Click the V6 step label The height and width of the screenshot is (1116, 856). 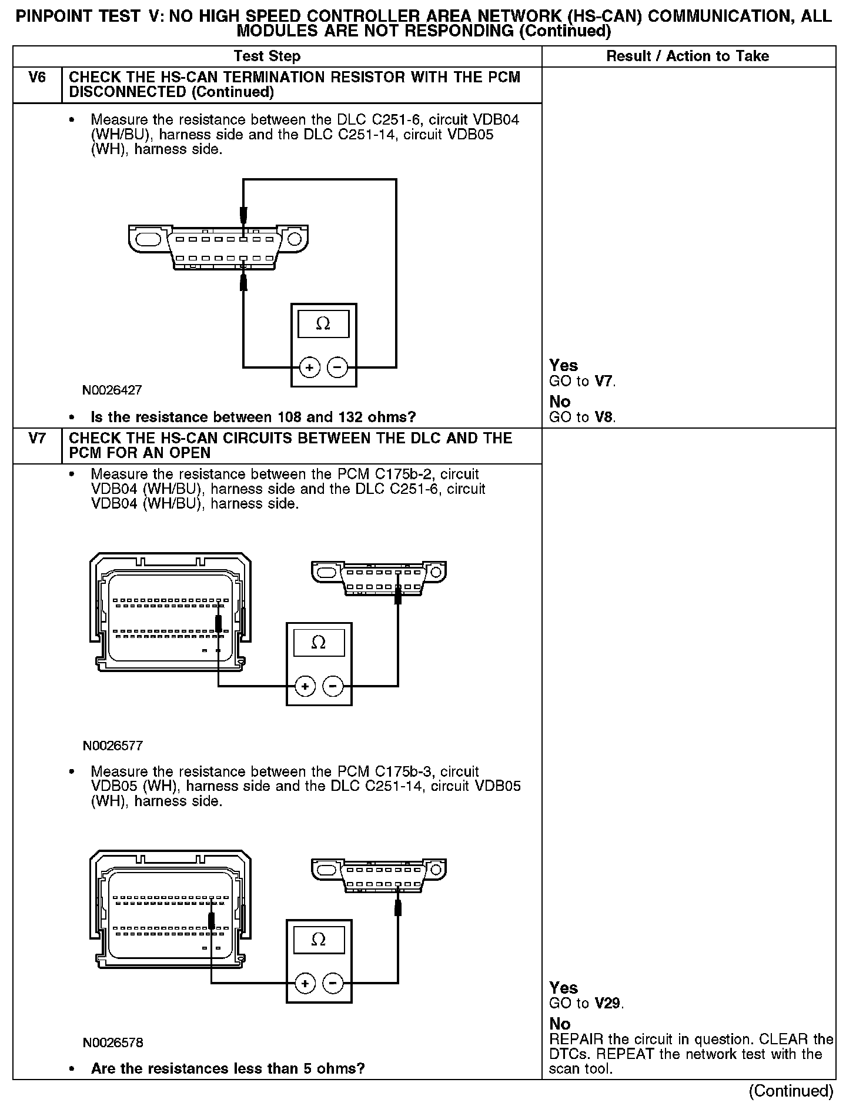(x=37, y=78)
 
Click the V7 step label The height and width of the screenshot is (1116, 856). (x=37, y=439)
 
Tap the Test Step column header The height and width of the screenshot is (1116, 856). (x=267, y=56)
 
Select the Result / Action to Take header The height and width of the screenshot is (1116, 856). (x=687, y=56)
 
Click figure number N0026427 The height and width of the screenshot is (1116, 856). (x=112, y=390)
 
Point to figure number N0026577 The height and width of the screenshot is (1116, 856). (x=113, y=746)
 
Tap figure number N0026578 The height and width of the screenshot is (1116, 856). (x=113, y=1043)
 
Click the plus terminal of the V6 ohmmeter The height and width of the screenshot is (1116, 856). (x=309, y=367)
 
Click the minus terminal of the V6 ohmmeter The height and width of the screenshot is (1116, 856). (x=337, y=367)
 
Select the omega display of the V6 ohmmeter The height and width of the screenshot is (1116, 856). (x=323, y=323)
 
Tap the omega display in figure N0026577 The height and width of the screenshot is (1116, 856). (x=319, y=642)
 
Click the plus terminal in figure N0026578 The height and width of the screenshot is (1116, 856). (x=305, y=983)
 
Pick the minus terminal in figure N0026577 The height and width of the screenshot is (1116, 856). (x=333, y=686)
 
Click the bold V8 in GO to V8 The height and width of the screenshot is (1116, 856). (x=603, y=417)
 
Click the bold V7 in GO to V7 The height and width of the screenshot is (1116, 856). (x=604, y=381)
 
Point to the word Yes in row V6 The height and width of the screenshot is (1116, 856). (x=563, y=365)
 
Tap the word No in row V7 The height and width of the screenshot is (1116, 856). (x=560, y=1024)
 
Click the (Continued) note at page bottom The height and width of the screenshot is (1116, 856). (x=791, y=1091)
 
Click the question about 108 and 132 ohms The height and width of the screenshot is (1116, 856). (x=253, y=417)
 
